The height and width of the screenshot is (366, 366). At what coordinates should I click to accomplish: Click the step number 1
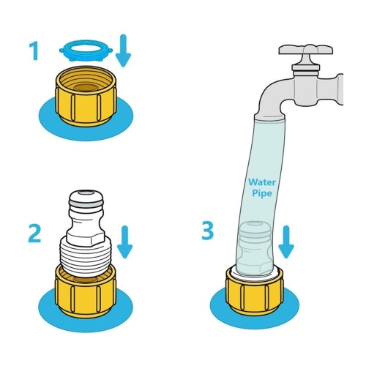[x=34, y=51]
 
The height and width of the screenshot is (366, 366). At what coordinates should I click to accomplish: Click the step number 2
[x=34, y=234]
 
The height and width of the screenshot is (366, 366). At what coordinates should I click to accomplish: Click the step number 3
[x=207, y=231]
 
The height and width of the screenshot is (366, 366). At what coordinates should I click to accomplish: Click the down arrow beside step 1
[x=124, y=51]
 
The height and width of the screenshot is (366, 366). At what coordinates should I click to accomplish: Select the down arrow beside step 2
[x=124, y=242]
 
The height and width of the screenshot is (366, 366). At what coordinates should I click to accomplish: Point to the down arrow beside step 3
[x=286, y=242]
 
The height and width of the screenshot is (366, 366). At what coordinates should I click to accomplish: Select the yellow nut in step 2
[x=86, y=293]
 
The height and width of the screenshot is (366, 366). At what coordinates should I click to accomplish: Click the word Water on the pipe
[x=262, y=182]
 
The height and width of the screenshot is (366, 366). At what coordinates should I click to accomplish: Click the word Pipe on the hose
[x=262, y=193]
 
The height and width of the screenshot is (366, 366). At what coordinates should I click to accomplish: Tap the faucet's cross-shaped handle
[x=306, y=50]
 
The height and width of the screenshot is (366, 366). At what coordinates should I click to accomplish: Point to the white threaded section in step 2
[x=86, y=258]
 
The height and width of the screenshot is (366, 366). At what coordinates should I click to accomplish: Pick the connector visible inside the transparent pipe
[x=255, y=247]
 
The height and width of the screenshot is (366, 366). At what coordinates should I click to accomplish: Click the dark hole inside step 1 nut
[x=86, y=88]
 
